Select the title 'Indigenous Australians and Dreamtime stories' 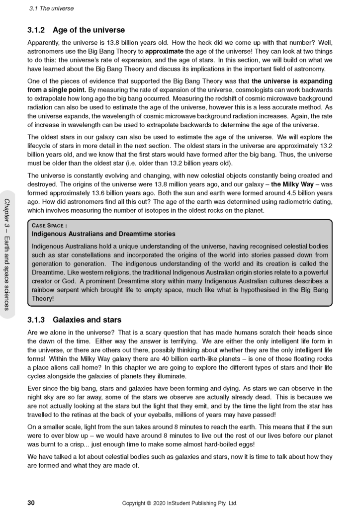[103, 234]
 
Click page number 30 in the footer [31, 503]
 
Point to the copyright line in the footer [180, 503]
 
